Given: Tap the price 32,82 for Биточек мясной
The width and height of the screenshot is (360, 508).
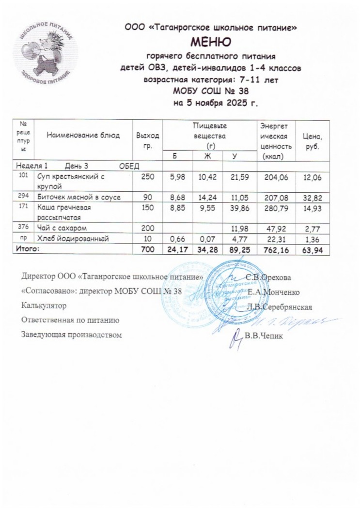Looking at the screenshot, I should tap(313, 197).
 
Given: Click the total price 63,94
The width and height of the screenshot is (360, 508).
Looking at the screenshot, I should tap(313, 250).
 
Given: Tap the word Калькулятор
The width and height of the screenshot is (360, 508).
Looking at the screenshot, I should tap(44, 306).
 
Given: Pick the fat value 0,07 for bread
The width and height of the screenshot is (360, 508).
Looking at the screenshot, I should tap(207, 238).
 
